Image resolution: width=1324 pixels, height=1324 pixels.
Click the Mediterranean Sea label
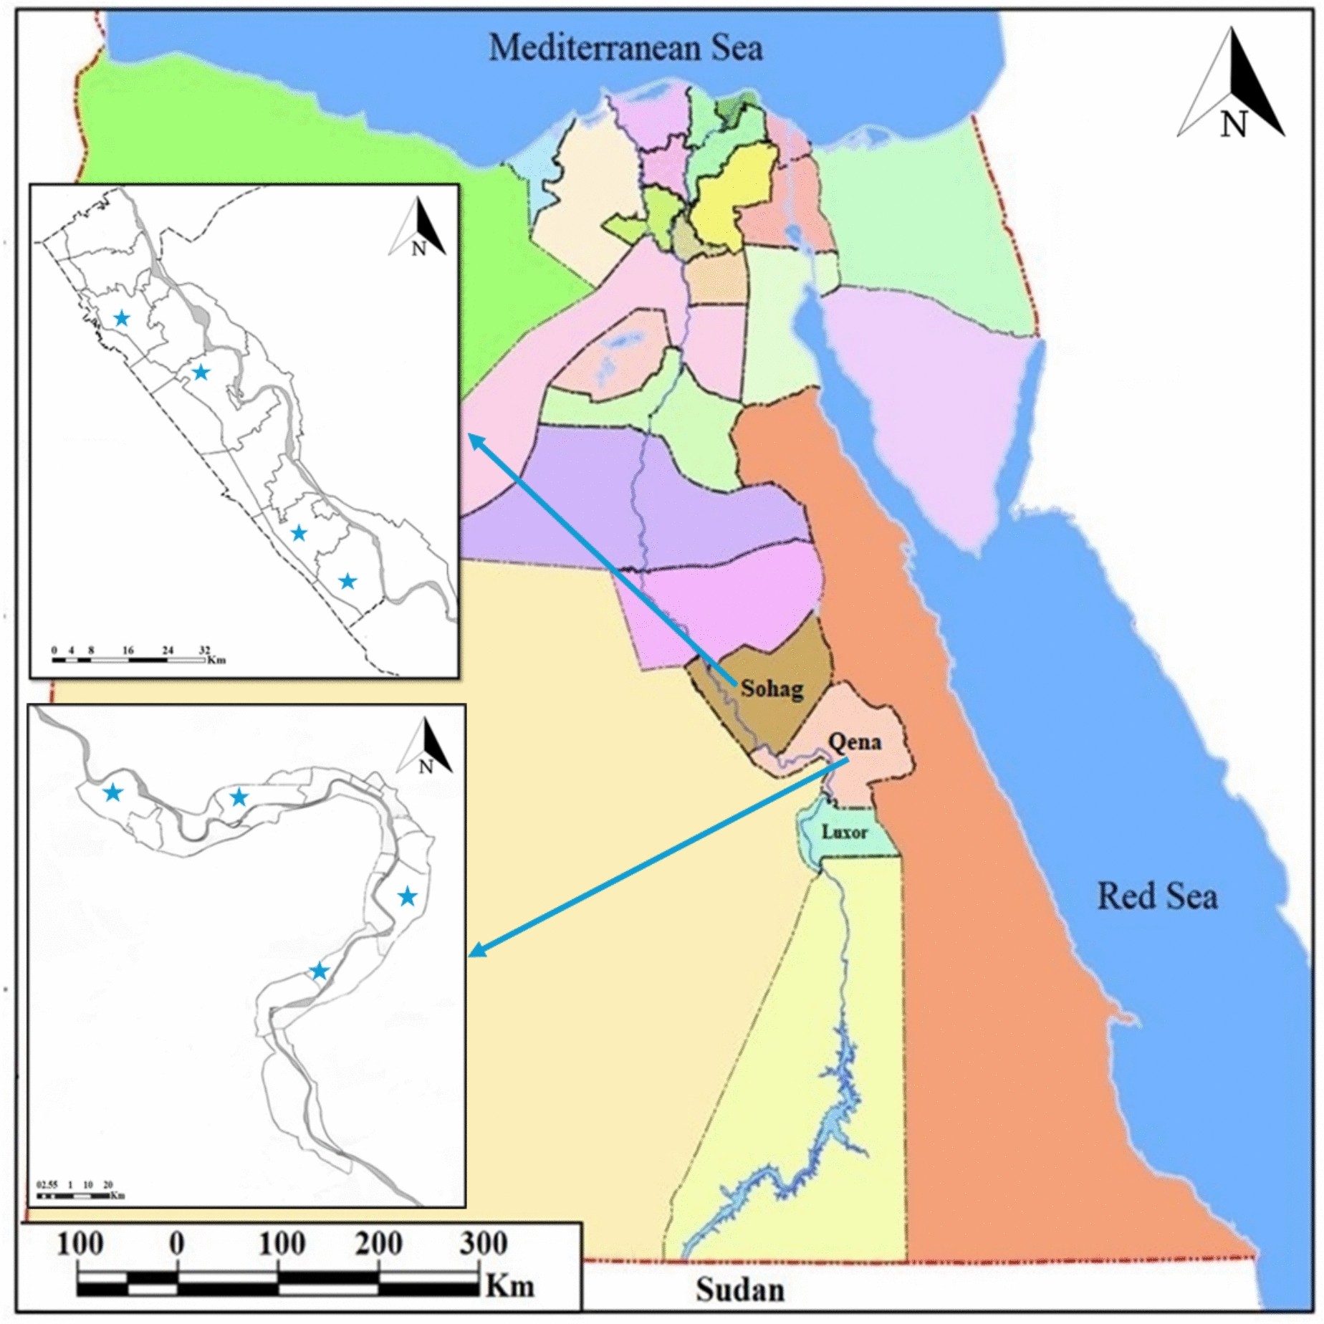pos(625,48)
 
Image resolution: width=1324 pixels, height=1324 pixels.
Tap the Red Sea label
pos(1157,896)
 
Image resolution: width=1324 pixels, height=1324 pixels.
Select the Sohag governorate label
pos(772,689)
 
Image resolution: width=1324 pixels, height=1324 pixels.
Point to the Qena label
pos(854,742)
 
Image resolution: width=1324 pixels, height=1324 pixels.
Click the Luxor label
pos(844,832)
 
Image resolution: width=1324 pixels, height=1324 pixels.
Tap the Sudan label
pos(740,1290)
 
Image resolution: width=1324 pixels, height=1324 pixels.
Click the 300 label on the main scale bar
pos(484,1244)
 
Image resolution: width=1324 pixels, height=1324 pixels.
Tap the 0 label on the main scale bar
pos(177,1244)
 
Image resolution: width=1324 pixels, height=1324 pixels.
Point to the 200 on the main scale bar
pos(379,1244)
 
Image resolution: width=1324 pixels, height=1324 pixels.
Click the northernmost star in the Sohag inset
pos(122,317)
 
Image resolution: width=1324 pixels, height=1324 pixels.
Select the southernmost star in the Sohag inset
pos(347,581)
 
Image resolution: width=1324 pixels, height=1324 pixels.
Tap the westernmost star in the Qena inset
pos(112,792)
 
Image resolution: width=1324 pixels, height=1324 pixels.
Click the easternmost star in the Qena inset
pos(407,896)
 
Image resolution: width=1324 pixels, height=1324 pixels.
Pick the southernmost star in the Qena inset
pos(319,972)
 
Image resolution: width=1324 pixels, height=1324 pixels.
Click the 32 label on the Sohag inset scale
pos(205,650)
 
